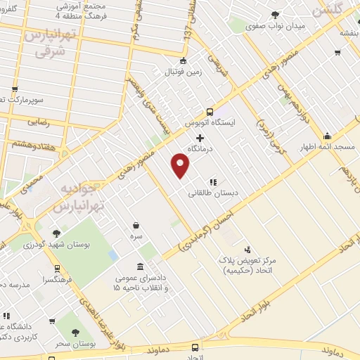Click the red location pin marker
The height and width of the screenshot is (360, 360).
pyautogui.click(x=181, y=166)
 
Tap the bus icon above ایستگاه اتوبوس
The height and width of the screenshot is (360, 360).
pyautogui.click(x=210, y=112)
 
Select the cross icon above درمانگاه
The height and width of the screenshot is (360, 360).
pyautogui.click(x=200, y=138)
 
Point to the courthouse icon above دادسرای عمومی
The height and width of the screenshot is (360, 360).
pyautogui.click(x=141, y=266)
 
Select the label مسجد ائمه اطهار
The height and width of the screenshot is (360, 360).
pyautogui.click(x=334, y=148)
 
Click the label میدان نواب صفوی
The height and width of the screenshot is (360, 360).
pyautogui.click(x=278, y=26)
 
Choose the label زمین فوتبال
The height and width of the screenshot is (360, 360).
pyautogui.click(x=184, y=72)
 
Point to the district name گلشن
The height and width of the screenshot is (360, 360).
pyautogui.click(x=329, y=11)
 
